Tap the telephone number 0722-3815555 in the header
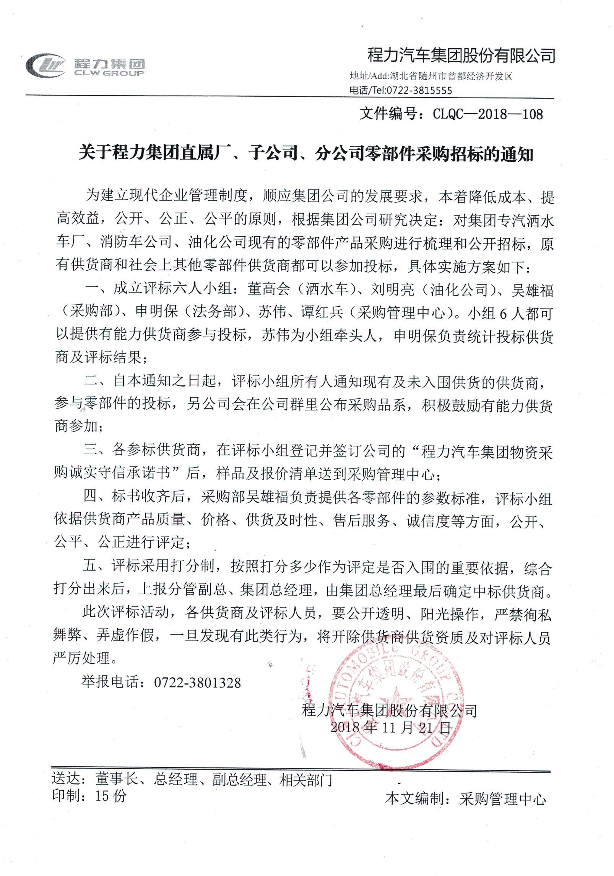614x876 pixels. [419, 90]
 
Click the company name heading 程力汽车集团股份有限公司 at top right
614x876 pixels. [461, 56]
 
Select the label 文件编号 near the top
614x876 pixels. [388, 114]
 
